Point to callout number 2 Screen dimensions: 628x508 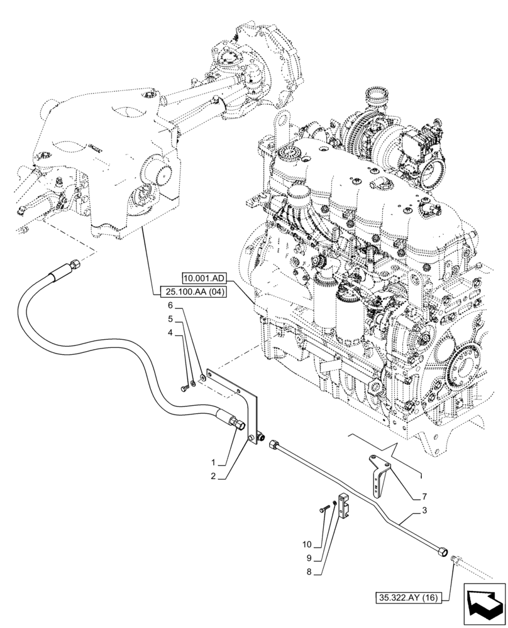[215, 477]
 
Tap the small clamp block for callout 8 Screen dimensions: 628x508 [345, 507]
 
